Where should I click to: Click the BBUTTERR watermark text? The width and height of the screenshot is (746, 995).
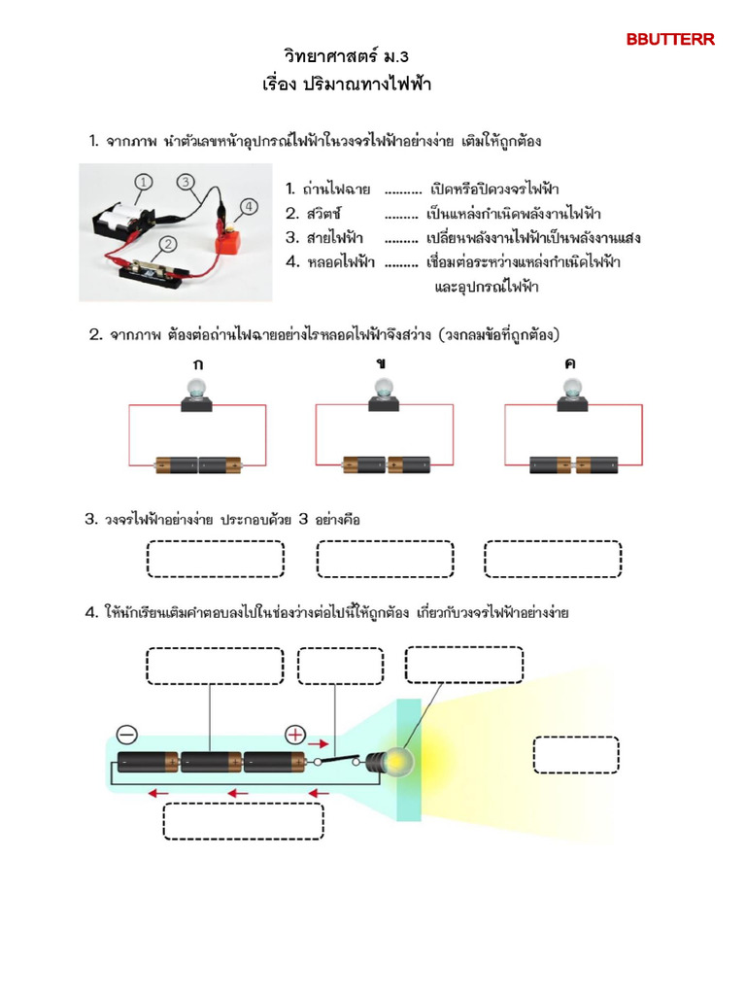670,40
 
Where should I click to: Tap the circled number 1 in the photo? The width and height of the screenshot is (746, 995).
143,182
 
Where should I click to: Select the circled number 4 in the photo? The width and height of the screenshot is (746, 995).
248,206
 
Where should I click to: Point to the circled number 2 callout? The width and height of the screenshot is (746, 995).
168,245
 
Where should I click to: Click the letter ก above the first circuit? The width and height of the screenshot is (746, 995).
198,363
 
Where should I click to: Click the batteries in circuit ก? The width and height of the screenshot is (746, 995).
198,464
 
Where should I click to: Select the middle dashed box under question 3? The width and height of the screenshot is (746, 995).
385,559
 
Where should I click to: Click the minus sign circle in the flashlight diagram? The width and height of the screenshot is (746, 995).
127,734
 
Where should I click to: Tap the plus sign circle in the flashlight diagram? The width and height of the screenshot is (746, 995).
295,734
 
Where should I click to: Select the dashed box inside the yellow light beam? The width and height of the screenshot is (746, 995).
576,755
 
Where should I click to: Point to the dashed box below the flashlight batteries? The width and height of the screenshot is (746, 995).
243,821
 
